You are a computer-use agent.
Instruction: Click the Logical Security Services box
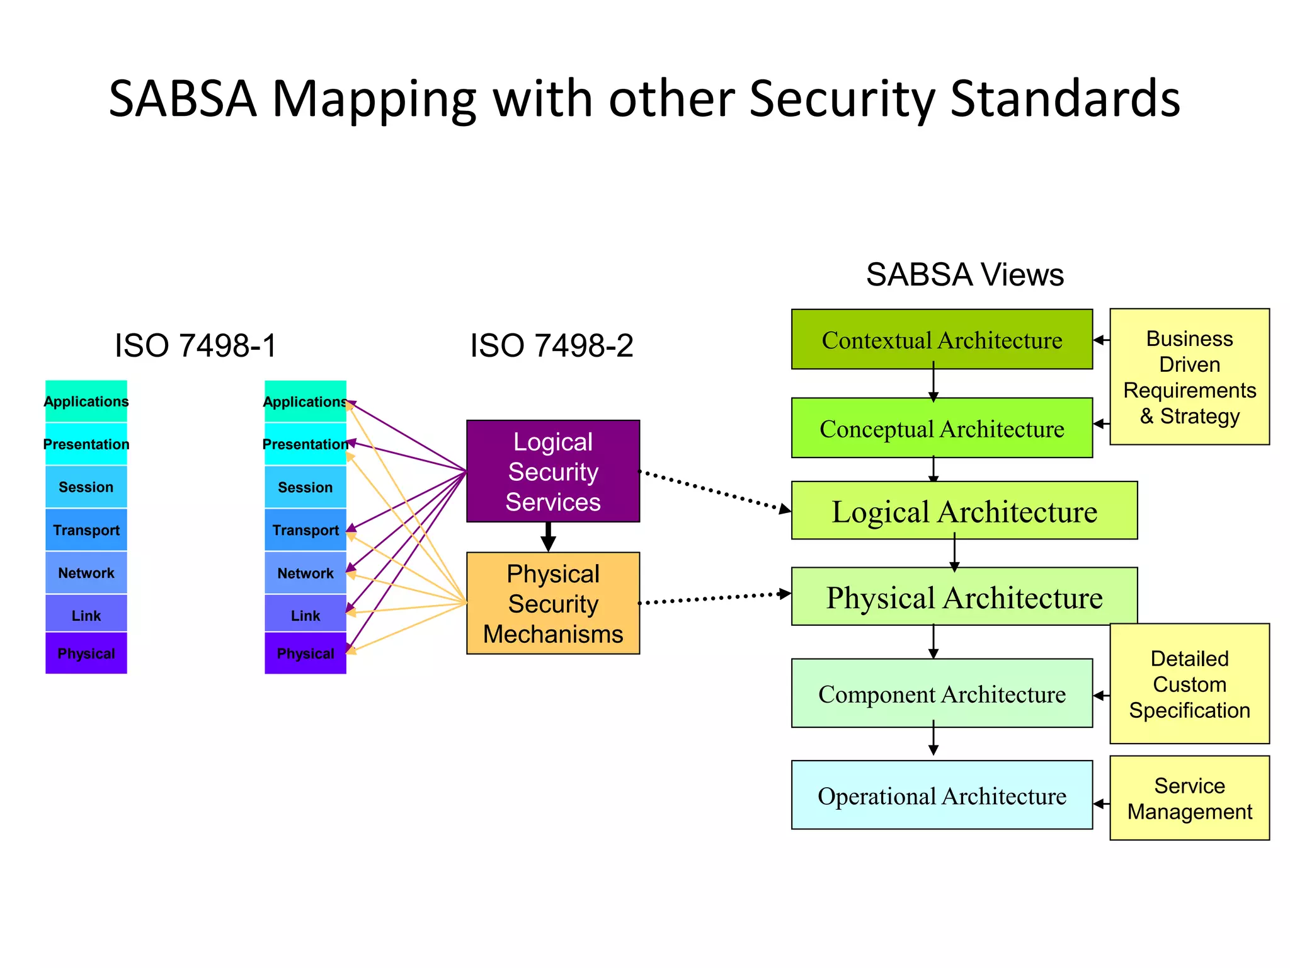(552, 471)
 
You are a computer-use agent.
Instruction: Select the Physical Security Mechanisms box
(552, 603)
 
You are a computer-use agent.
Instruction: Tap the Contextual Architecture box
(941, 339)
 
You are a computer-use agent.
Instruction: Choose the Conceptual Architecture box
(941, 428)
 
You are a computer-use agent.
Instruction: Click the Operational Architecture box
(941, 795)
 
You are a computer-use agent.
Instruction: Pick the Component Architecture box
(941, 693)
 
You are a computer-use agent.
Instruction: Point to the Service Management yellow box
(1189, 798)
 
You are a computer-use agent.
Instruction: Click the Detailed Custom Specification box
(1189, 684)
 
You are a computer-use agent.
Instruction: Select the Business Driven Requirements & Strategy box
(1189, 376)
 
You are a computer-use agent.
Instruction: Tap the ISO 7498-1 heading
(195, 345)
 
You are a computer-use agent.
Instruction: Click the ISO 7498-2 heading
(551, 345)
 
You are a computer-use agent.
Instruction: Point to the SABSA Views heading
(964, 275)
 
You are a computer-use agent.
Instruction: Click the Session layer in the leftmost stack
(86, 487)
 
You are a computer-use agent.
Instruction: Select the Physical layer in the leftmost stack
(86, 653)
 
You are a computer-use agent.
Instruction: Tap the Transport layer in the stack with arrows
(305, 530)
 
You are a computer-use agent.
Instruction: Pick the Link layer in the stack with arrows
(305, 615)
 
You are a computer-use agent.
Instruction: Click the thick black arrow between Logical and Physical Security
(549, 537)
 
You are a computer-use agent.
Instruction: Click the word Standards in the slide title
(1065, 98)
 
